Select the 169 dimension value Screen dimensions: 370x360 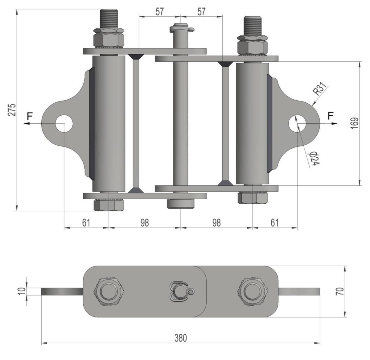(x=354, y=123)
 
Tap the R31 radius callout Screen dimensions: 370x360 (x=319, y=88)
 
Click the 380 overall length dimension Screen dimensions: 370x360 (x=181, y=338)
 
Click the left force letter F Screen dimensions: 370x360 (x=30, y=116)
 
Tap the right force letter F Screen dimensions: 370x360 (x=331, y=116)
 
